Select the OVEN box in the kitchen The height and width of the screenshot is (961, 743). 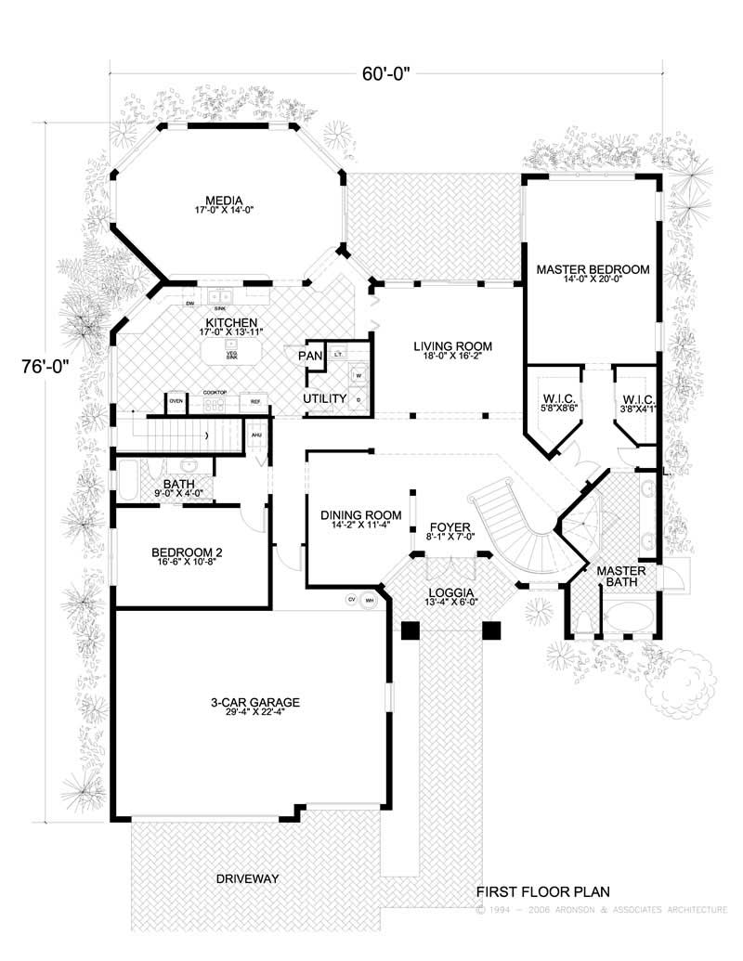(176, 402)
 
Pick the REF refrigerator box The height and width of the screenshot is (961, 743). (252, 402)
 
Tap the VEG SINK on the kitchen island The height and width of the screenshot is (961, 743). (230, 354)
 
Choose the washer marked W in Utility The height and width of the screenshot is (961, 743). (358, 376)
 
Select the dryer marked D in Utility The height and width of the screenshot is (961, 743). (358, 399)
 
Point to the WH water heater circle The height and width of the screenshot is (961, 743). (370, 600)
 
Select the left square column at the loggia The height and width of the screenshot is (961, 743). (410, 630)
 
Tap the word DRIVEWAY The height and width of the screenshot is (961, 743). (247, 877)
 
